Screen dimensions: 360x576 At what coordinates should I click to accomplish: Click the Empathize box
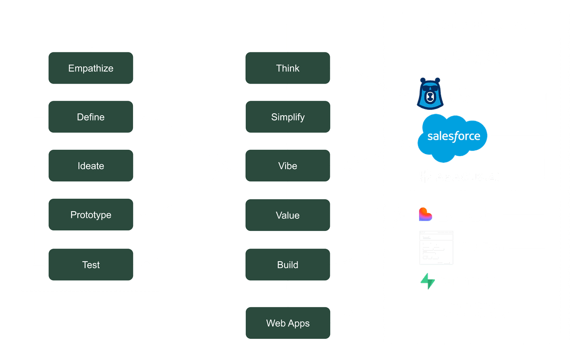(91, 68)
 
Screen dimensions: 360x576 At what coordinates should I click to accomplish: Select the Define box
(91, 117)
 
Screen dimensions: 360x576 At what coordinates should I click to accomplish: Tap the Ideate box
(91, 166)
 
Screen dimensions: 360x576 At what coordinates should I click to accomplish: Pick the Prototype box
(91, 215)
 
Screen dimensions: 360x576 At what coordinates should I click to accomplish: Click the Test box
(91, 264)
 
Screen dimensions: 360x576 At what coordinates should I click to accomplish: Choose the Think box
(288, 68)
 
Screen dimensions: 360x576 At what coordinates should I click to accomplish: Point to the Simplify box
(288, 117)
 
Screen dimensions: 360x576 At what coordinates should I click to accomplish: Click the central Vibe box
(288, 166)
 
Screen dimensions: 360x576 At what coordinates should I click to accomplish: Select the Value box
(288, 215)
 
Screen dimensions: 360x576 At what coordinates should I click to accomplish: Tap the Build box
(288, 264)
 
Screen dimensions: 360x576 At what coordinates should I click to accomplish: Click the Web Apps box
(288, 323)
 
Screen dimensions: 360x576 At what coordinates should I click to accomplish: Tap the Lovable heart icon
(426, 215)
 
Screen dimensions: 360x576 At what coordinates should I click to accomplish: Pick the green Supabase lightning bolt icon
(427, 281)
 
